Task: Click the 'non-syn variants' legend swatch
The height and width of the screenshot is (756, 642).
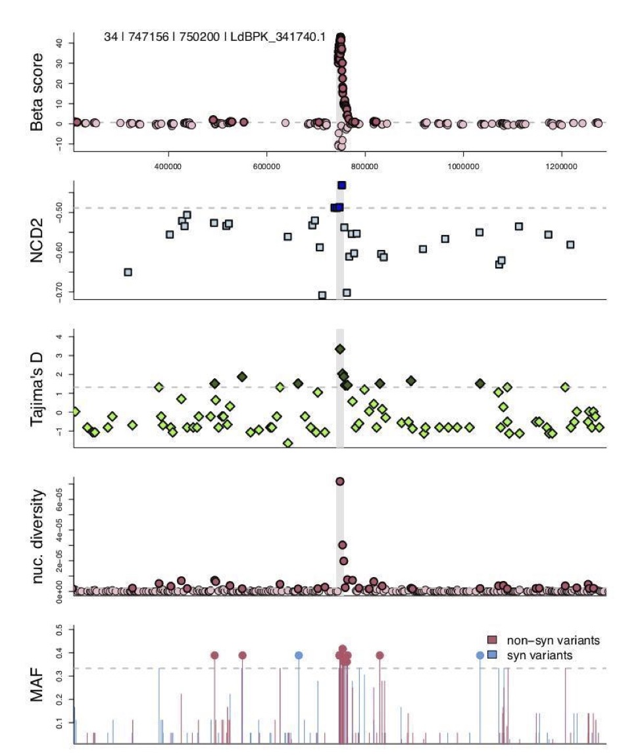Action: pos(490,640)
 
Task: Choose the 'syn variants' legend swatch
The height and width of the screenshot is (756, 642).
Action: pos(490,655)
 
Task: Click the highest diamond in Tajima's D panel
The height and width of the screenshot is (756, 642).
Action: pos(340,349)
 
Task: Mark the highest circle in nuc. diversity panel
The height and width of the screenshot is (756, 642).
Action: pos(340,482)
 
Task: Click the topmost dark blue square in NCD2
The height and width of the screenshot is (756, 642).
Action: pos(341,186)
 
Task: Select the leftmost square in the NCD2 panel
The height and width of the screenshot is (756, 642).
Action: pos(128,272)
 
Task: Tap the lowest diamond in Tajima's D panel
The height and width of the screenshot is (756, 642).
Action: pos(287,443)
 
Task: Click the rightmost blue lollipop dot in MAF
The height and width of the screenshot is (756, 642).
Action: pos(480,655)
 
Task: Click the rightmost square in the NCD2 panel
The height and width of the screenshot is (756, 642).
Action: pos(570,244)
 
